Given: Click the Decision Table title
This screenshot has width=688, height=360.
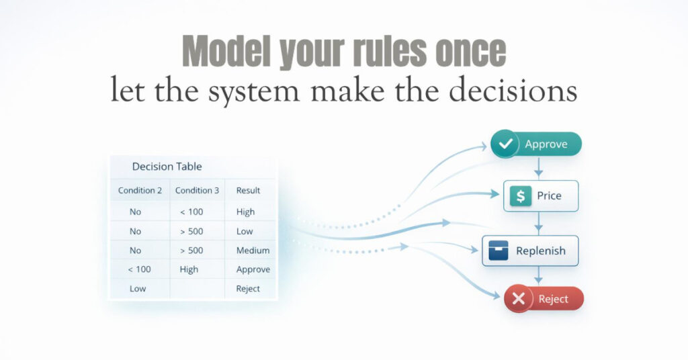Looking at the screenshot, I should [x=167, y=167].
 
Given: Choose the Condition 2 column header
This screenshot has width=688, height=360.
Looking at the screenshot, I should [x=140, y=190].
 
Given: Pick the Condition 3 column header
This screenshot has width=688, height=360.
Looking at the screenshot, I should [x=197, y=190].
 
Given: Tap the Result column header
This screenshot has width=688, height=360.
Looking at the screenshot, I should [x=248, y=190].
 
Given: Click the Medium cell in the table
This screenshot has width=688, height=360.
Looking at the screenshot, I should [x=253, y=251].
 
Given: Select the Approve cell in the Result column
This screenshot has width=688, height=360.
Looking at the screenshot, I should [x=253, y=269].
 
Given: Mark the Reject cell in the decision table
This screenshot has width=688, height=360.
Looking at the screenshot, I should [x=248, y=289].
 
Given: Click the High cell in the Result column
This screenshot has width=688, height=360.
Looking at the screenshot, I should [x=245, y=212].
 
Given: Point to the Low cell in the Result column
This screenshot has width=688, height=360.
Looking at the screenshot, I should [x=245, y=231].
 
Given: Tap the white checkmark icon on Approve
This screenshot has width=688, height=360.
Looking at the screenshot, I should [x=505, y=144].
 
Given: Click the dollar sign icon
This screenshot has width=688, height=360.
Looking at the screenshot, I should [x=519, y=196].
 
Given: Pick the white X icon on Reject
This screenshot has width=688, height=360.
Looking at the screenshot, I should [x=518, y=300].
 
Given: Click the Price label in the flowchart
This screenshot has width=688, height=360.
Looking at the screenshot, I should [x=549, y=196].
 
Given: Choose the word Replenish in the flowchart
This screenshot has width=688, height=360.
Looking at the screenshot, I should [x=540, y=251].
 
